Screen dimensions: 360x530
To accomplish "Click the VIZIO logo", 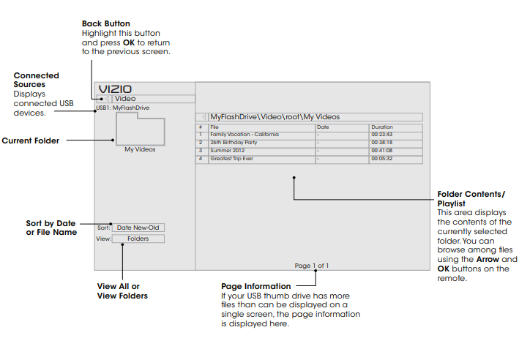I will click(116, 89).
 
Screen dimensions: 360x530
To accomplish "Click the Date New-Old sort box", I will click(138, 228).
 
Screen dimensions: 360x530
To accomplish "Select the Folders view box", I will click(138, 239).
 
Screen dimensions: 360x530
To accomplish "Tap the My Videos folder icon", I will click(140, 130).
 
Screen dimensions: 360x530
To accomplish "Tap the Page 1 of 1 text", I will click(311, 265).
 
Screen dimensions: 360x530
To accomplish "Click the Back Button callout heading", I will click(105, 24).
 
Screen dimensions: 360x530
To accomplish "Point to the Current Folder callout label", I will click(31, 140).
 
